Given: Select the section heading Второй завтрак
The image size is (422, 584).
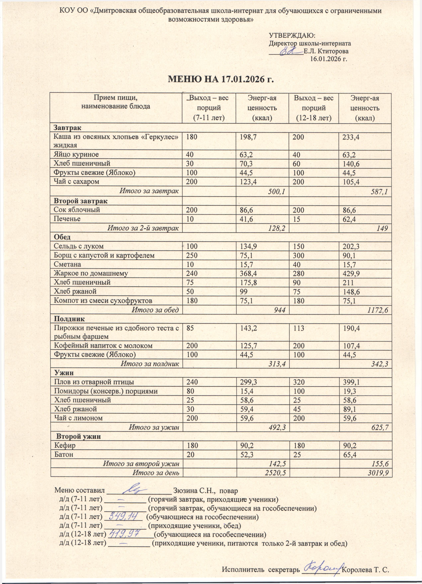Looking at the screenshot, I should click(81, 201).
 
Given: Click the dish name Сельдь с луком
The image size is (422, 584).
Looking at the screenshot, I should click(79, 246).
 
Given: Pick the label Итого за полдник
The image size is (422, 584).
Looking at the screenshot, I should click(150, 364).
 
